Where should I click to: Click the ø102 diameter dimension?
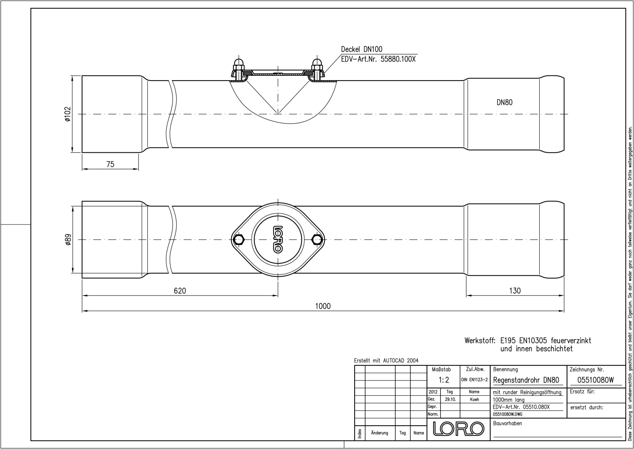tap(67, 114)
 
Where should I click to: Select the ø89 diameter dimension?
tap(68, 240)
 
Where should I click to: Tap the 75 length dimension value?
tap(111, 164)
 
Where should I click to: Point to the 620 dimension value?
tap(180, 291)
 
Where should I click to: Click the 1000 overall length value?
tap(323, 306)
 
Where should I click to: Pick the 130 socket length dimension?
tap(515, 291)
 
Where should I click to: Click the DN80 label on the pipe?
tap(505, 102)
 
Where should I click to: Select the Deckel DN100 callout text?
tap(362, 49)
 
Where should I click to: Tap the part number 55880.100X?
tap(398, 59)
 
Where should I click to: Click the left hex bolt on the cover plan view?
tap(239, 240)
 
